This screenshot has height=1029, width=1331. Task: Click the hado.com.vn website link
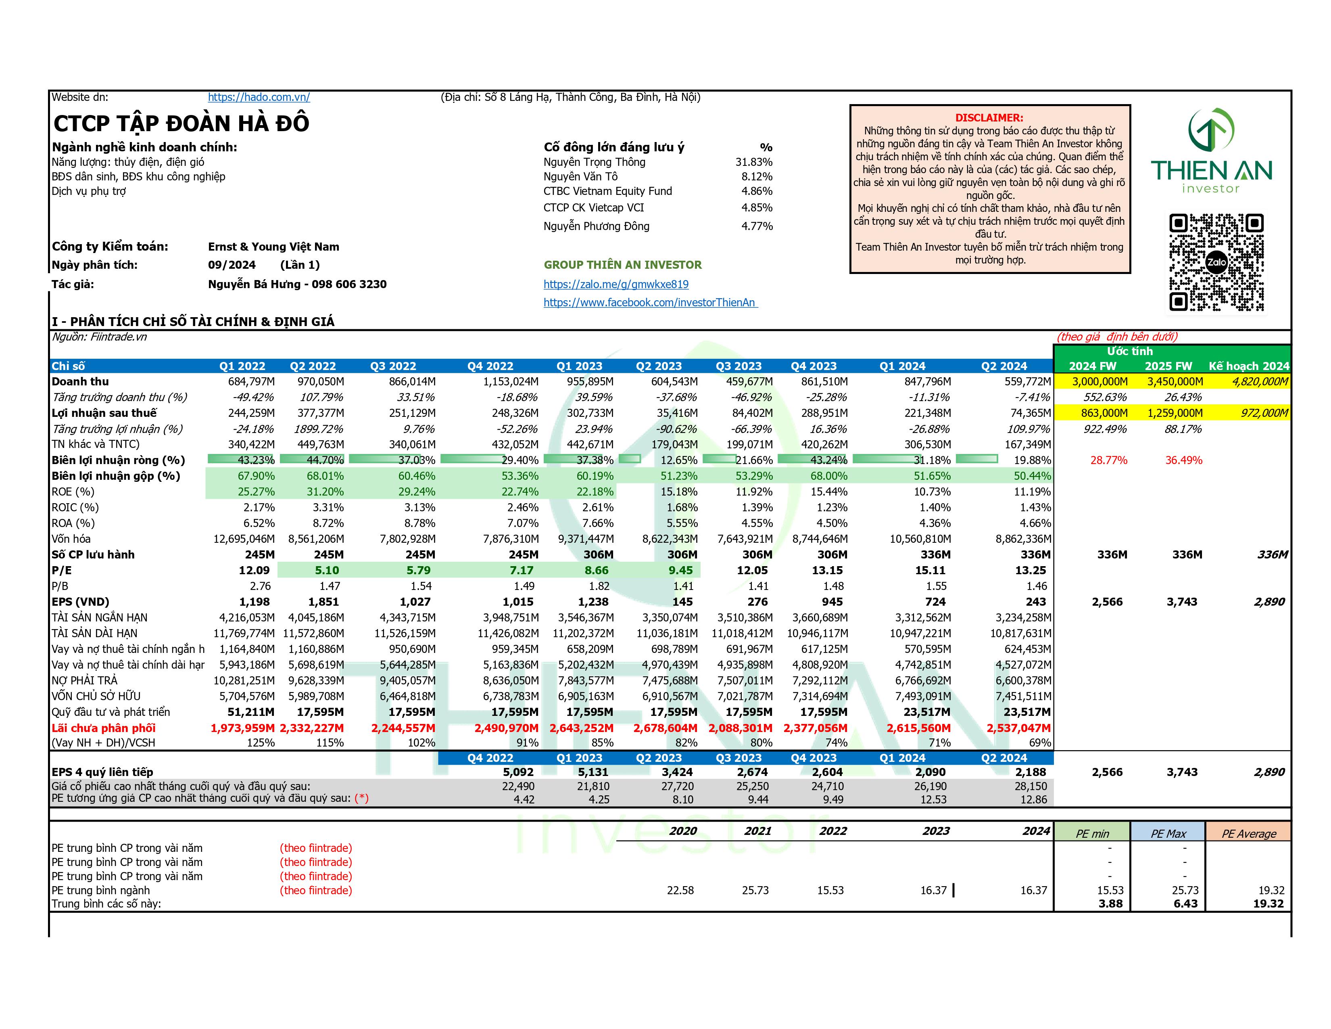click(x=259, y=97)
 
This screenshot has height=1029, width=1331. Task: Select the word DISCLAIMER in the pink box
click(x=989, y=118)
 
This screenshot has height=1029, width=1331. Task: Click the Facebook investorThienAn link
click(x=650, y=302)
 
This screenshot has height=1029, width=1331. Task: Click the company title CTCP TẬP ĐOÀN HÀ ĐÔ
click(x=181, y=124)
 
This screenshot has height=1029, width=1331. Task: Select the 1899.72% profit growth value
click(x=318, y=429)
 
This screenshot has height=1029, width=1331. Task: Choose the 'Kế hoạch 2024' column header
click(x=1249, y=366)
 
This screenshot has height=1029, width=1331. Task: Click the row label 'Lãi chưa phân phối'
click(x=104, y=728)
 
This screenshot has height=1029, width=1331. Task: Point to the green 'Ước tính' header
click(x=1129, y=351)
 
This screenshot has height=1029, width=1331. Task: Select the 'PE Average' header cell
click(x=1249, y=833)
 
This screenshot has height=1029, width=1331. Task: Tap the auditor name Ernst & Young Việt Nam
click(x=273, y=247)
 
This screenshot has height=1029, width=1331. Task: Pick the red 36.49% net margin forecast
click(x=1183, y=460)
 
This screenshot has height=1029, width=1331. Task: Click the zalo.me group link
click(x=615, y=284)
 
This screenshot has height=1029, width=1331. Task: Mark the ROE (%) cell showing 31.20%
click(x=325, y=492)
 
